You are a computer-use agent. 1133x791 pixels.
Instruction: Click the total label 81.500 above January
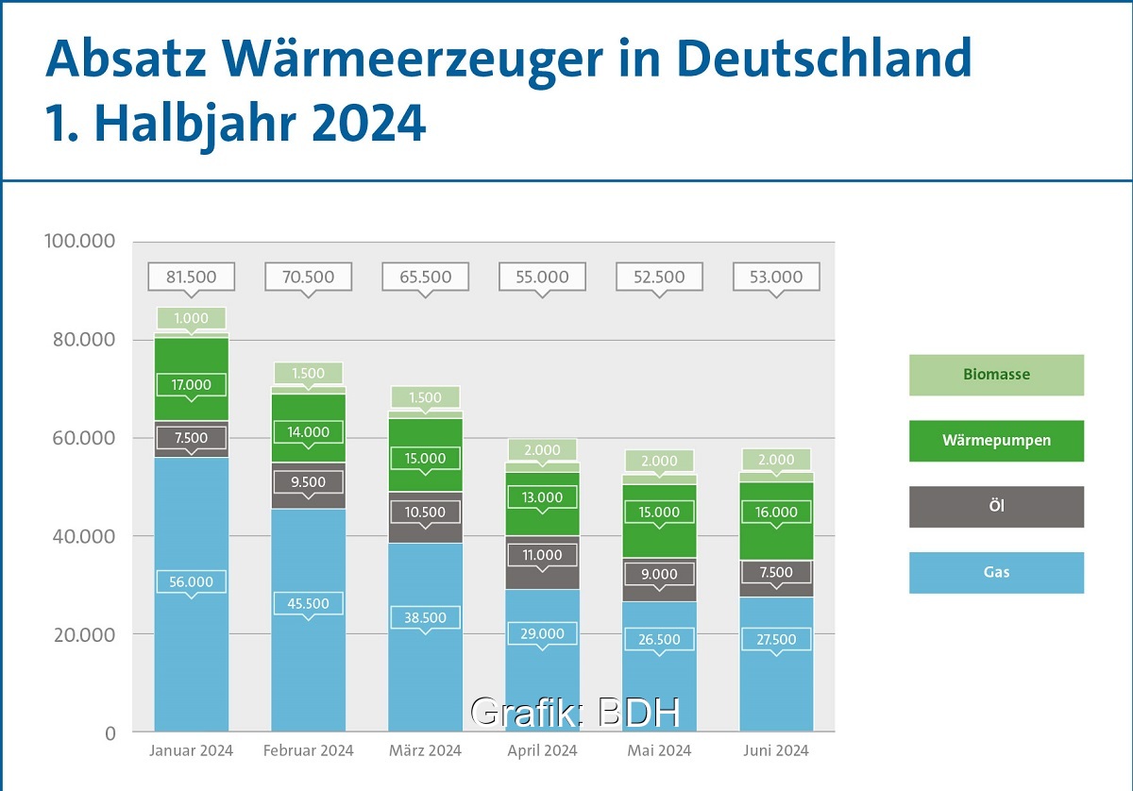click(191, 277)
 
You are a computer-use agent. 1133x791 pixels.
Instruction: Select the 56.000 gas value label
click(191, 582)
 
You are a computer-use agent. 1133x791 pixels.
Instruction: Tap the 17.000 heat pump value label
click(191, 384)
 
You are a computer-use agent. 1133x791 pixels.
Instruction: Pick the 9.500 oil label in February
click(308, 481)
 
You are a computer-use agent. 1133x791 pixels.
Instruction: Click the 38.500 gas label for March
click(425, 618)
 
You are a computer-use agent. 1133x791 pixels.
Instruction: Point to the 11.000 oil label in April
click(542, 554)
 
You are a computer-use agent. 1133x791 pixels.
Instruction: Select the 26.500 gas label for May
click(659, 639)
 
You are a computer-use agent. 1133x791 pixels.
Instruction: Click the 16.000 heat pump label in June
click(776, 512)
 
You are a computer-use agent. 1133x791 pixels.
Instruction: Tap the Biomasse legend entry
click(996, 375)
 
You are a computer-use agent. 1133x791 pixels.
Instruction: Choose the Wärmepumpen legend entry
click(996, 441)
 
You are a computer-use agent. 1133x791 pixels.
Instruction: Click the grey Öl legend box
click(996, 507)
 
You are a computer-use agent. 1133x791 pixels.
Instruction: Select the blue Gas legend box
click(996, 573)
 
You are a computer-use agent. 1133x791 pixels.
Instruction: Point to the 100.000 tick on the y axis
click(79, 242)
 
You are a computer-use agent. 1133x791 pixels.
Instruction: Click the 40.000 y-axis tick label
click(79, 536)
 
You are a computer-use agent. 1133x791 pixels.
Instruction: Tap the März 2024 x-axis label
click(425, 751)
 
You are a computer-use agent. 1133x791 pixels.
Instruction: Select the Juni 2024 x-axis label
click(776, 751)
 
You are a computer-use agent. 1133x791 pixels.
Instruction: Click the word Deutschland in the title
click(824, 59)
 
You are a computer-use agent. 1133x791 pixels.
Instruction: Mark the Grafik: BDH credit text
click(575, 713)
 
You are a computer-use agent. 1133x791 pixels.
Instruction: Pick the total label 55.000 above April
click(542, 277)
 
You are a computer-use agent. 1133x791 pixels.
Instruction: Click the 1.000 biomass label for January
click(191, 318)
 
